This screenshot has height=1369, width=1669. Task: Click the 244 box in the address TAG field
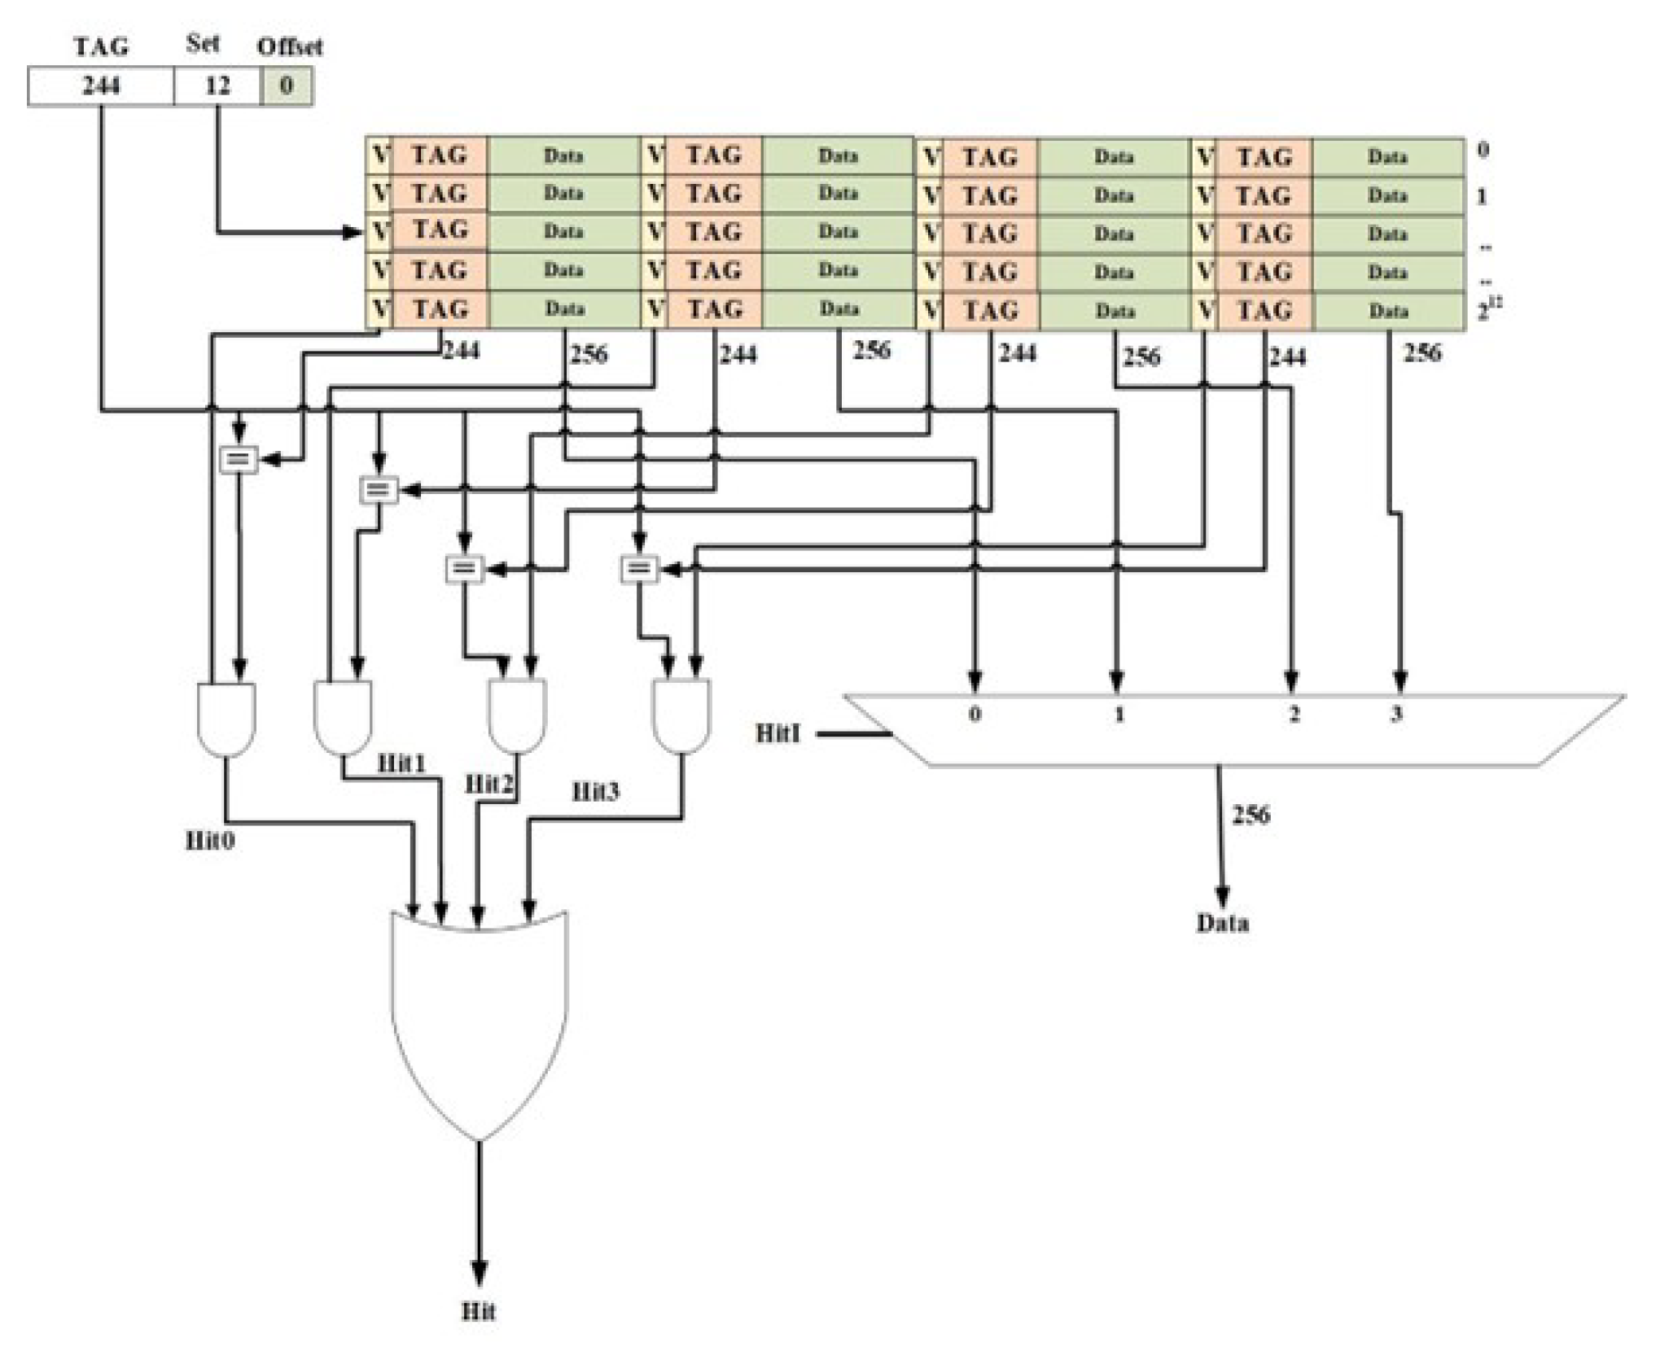pyautogui.click(x=100, y=86)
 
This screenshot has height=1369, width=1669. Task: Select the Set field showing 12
pyautogui.click(x=217, y=86)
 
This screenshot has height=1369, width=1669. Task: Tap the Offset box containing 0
pyautogui.click(x=286, y=86)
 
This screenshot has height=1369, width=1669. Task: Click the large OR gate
pyautogui.click(x=479, y=1017)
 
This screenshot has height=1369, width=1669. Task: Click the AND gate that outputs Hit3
pyautogui.click(x=681, y=716)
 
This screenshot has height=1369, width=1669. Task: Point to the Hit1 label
pyautogui.click(x=401, y=763)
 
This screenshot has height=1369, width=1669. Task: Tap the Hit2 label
pyautogui.click(x=489, y=785)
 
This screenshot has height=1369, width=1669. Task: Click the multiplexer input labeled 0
pyautogui.click(x=975, y=715)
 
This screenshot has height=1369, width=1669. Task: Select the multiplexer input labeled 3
pyautogui.click(x=1396, y=715)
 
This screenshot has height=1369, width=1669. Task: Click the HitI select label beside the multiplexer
pyautogui.click(x=778, y=733)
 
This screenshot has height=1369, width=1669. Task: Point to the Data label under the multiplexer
pyautogui.click(x=1222, y=923)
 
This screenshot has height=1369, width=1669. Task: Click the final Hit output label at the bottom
pyautogui.click(x=479, y=1311)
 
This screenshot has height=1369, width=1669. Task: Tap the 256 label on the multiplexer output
pyautogui.click(x=1251, y=815)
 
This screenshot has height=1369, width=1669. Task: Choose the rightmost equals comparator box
pyautogui.click(x=639, y=569)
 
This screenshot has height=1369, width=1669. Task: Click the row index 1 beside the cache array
pyautogui.click(x=1482, y=196)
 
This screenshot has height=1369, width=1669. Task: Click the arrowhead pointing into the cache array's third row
pyautogui.click(x=354, y=233)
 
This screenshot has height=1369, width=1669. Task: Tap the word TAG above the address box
pyautogui.click(x=101, y=46)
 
